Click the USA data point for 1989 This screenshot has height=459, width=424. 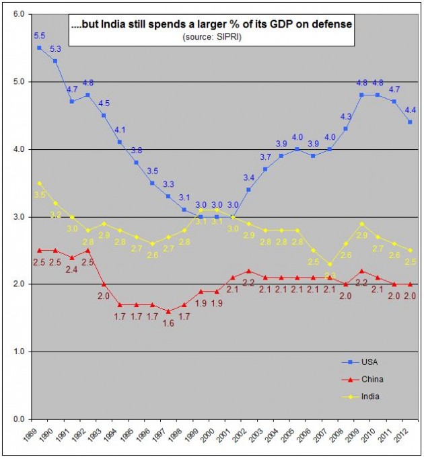(39, 48)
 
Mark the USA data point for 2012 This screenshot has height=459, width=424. (410, 122)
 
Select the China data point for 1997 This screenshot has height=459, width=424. (168, 311)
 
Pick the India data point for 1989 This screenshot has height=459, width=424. (39, 183)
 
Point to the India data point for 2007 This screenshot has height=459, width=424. (329, 264)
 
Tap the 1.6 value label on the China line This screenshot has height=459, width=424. (168, 323)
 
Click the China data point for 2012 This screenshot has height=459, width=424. (410, 284)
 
